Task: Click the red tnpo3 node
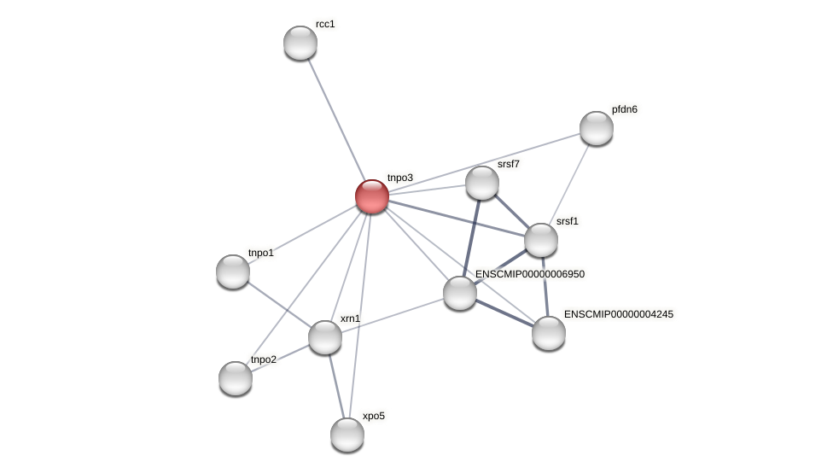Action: point(372,196)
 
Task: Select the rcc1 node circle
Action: point(300,43)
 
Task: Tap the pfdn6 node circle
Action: point(597,128)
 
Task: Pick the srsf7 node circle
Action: point(482,183)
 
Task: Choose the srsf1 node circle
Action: point(541,240)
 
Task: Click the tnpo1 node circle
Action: point(233,272)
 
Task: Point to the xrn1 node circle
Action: point(325,337)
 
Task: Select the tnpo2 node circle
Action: point(236,378)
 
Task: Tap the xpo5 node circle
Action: point(347,435)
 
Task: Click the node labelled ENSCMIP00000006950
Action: point(460,293)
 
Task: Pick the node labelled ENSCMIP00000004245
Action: point(549,333)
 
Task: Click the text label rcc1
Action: point(325,24)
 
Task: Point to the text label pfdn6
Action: point(625,109)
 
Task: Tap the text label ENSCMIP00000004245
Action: point(618,314)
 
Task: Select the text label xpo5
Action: point(373,416)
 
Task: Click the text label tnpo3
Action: point(400,178)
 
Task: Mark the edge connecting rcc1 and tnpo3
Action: point(336,120)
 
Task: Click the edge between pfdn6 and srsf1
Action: point(569,184)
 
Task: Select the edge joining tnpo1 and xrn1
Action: point(279,305)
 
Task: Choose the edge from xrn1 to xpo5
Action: point(336,386)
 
